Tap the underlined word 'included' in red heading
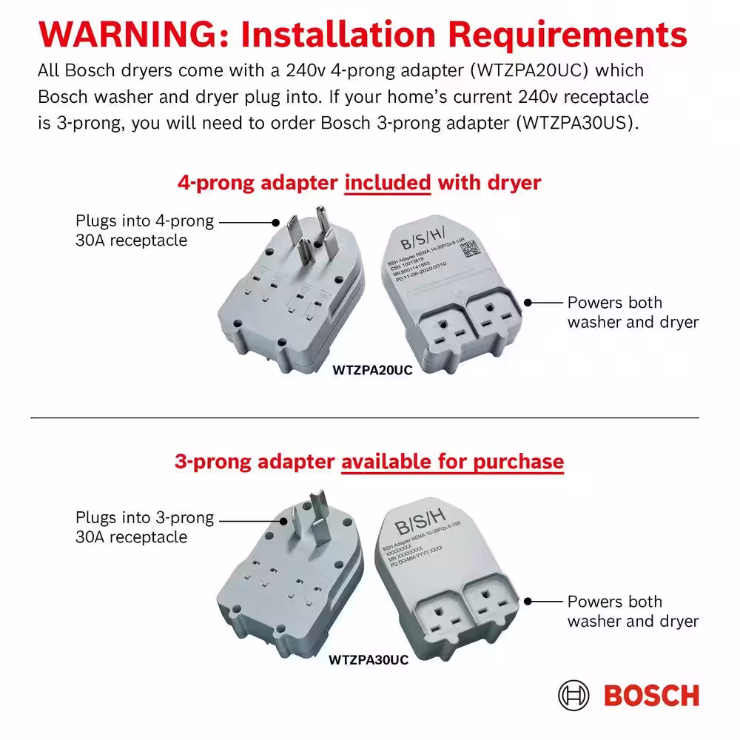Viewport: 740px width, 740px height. coord(388,182)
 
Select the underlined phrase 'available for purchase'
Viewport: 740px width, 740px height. coord(452,462)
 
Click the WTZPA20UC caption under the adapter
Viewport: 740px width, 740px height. coord(372,370)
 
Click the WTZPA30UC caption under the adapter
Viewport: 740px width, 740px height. coord(368,659)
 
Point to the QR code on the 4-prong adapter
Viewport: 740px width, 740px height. coord(471,248)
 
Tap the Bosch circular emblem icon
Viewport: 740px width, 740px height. coord(575,696)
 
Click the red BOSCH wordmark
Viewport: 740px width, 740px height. coord(651,696)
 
